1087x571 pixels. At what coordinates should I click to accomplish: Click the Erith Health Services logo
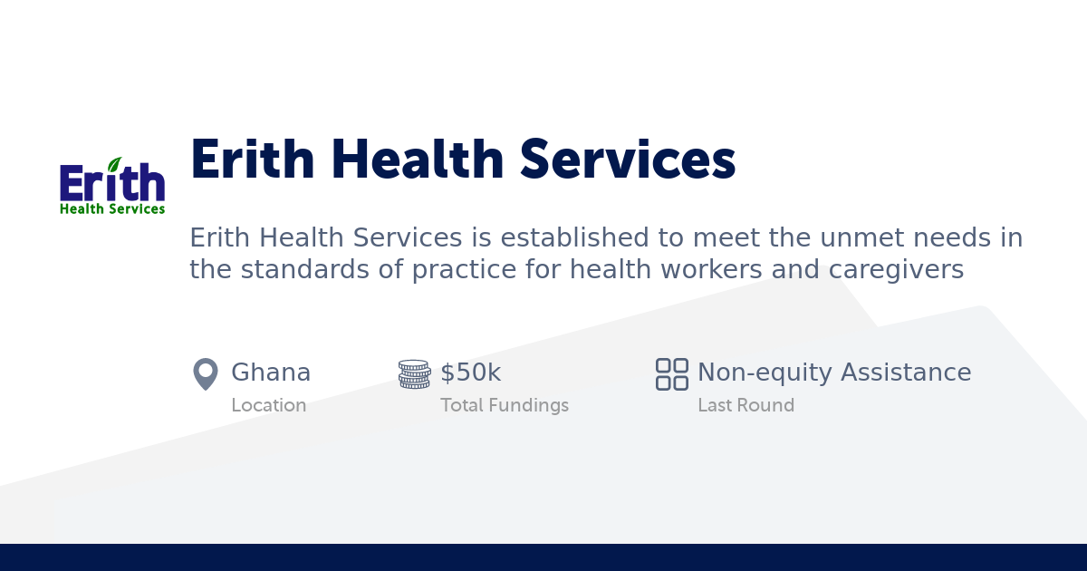tap(112, 187)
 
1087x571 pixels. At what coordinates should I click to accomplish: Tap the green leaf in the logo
tap(114, 165)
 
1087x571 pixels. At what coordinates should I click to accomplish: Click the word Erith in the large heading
tap(251, 160)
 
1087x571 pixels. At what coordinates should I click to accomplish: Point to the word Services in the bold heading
tap(627, 160)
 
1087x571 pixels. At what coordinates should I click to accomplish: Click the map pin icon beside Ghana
tap(206, 373)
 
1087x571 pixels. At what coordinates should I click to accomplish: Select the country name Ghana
tap(271, 373)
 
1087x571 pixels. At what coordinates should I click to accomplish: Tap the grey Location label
tap(268, 405)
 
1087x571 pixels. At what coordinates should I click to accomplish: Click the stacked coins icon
tap(414, 373)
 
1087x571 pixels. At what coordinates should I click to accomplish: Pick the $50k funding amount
tap(470, 373)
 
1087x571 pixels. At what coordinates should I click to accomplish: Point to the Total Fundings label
tap(505, 405)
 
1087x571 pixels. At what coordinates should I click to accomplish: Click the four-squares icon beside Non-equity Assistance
tap(671, 373)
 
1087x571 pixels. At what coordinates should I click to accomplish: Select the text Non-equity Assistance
tap(834, 373)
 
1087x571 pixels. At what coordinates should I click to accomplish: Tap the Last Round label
tap(746, 405)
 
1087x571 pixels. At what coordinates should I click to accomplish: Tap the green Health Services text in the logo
tap(112, 208)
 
